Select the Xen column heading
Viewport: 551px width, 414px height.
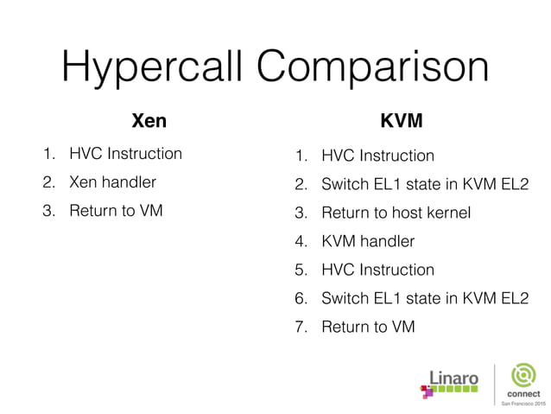[148, 120]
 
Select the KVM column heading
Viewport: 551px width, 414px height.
[402, 120]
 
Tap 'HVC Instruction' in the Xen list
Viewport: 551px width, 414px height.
[125, 154]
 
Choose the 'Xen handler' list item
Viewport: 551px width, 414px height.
[112, 182]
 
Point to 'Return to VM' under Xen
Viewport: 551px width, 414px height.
[116, 210]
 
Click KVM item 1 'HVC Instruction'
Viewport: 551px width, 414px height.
[377, 156]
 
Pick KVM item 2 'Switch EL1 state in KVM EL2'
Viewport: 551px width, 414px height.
[424, 184]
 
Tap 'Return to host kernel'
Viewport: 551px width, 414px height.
[396, 213]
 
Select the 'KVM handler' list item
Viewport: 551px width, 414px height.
[368, 241]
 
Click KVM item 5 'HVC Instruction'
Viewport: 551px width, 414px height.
[377, 270]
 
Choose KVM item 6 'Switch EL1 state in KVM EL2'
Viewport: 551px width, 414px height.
[424, 298]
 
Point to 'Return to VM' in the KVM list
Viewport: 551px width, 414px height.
[368, 327]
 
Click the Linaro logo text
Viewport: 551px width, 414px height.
[454, 378]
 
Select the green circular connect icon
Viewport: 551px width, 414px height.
[524, 376]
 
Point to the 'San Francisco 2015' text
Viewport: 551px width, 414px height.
[524, 404]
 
